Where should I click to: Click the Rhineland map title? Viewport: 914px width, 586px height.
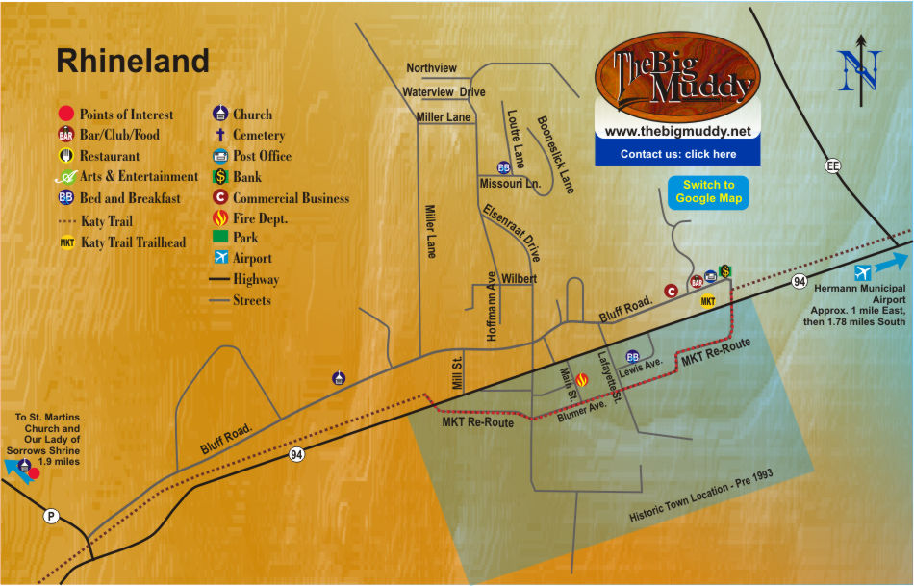pos(132,62)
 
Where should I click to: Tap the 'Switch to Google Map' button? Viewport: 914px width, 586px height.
pos(708,191)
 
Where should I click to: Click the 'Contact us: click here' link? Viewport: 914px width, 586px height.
pos(677,154)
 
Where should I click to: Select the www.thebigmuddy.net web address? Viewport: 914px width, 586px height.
pos(677,130)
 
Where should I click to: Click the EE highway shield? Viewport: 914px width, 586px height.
pos(832,166)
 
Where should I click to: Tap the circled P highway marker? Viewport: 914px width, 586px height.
pos(51,517)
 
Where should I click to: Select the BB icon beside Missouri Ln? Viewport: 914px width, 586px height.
pos(503,167)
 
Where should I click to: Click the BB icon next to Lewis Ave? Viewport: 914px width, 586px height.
pos(632,356)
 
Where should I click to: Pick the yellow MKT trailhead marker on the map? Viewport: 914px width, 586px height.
pos(708,301)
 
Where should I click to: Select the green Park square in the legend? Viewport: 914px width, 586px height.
pos(219,237)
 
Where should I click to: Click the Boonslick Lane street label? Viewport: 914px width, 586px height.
pos(555,154)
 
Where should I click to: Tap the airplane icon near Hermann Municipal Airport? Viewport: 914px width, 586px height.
pos(863,271)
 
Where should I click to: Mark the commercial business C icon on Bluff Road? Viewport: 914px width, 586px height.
pos(672,290)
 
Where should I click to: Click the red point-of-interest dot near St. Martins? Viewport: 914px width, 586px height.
pos(35,472)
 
